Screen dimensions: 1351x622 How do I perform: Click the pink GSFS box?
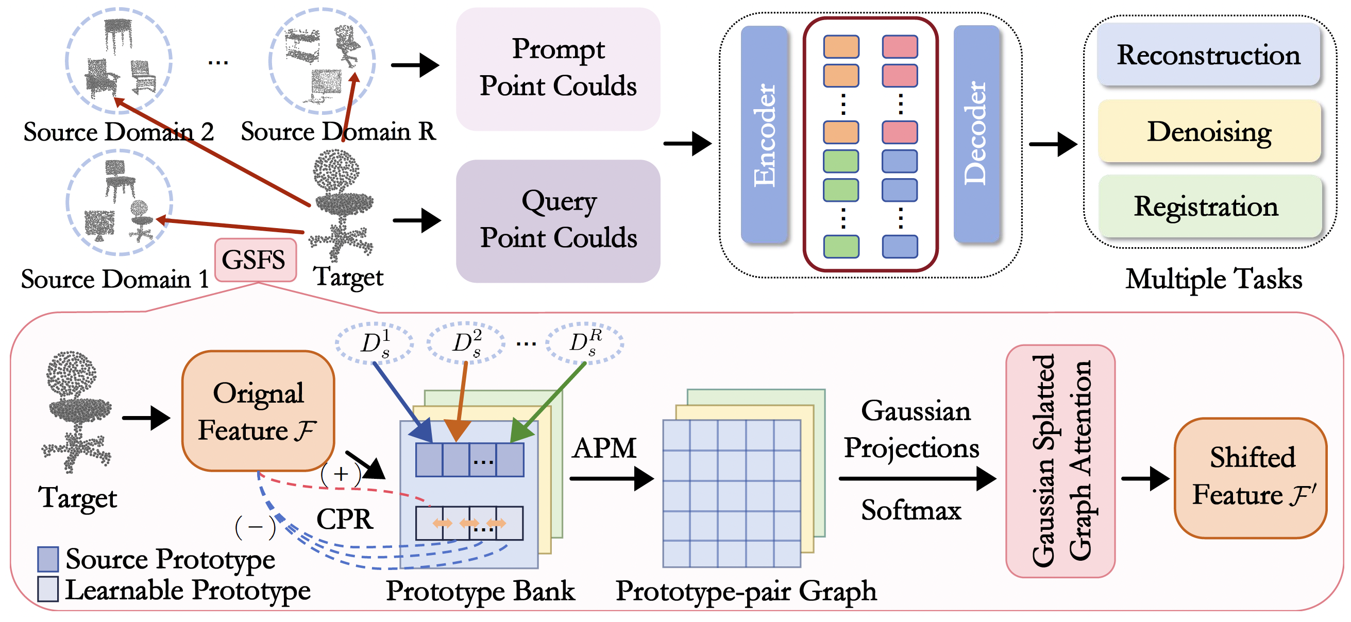(256, 260)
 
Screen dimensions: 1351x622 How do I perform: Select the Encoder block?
(764, 134)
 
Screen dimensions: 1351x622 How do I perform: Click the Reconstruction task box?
(1208, 55)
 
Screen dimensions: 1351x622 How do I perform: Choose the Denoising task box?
(1209, 131)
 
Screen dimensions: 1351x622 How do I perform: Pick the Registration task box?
(1209, 206)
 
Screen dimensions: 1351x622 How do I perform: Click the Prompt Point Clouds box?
(558, 68)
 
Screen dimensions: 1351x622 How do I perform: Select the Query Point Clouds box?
(558, 221)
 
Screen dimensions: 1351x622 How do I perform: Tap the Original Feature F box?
(258, 411)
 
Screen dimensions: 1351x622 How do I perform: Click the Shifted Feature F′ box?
(1251, 478)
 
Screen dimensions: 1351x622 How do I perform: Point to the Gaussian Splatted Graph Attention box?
(1060, 461)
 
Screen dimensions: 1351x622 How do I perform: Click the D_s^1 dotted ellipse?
(375, 343)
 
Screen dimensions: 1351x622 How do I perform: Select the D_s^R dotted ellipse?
(585, 343)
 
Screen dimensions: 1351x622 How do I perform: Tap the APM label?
(604, 448)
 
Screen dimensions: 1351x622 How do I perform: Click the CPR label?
(345, 520)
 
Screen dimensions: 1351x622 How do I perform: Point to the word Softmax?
(911, 510)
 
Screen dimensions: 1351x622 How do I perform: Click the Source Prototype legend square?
(48, 559)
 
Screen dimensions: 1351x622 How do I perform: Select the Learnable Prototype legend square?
(48, 590)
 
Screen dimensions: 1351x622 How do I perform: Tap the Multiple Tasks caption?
(1213, 278)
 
